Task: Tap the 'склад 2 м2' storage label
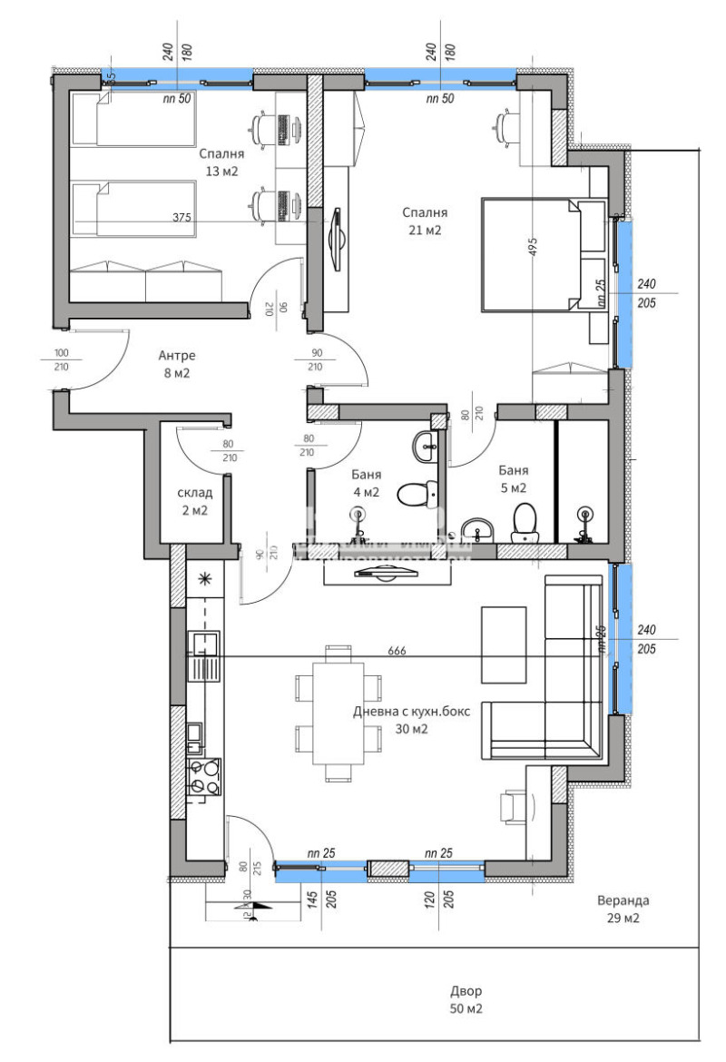click(x=194, y=501)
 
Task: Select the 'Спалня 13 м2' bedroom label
click(x=222, y=162)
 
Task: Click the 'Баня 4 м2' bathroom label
click(x=366, y=483)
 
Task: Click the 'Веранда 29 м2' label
click(x=623, y=910)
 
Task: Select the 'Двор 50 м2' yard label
click(x=466, y=999)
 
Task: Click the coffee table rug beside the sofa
click(x=504, y=644)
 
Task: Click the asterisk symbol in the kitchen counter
click(x=204, y=577)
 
